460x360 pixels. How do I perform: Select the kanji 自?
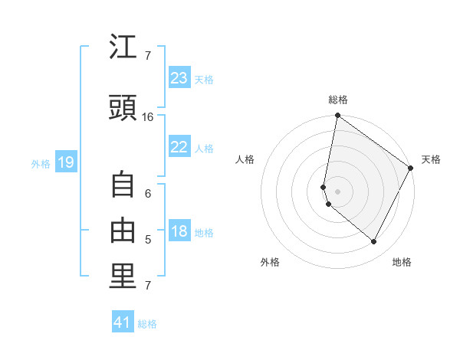[x=123, y=186]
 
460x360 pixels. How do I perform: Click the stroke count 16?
[x=148, y=117]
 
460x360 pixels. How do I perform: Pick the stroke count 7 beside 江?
[x=148, y=56]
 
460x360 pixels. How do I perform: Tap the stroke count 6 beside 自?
[x=148, y=194]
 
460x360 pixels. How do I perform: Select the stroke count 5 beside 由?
[x=148, y=240]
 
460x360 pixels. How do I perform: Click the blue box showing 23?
[x=179, y=78]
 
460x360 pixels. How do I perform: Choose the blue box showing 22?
[x=179, y=147]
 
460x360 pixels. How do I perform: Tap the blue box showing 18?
[x=179, y=232]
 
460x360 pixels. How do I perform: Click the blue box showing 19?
[x=65, y=162]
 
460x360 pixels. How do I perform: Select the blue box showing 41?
[x=123, y=322]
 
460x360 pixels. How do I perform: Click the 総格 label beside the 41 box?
[x=147, y=324]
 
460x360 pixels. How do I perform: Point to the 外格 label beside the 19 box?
[x=41, y=163]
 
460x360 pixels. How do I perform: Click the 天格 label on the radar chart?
[x=431, y=159]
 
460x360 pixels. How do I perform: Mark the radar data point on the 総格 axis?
[x=337, y=116]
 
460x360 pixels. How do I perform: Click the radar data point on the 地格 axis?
[x=373, y=241]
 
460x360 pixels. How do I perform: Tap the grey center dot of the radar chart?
[x=337, y=191]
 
